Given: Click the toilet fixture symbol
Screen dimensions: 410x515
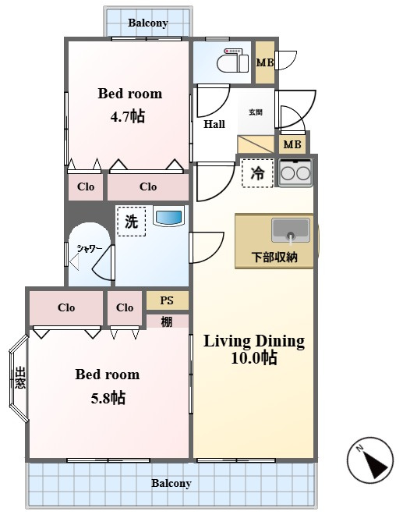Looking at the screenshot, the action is (x=232, y=60).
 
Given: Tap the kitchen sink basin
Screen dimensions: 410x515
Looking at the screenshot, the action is (x=291, y=230).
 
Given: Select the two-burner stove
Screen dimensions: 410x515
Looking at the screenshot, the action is (x=295, y=172).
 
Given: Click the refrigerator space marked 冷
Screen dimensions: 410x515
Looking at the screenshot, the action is (x=257, y=173).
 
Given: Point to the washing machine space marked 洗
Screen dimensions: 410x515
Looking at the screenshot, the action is (x=131, y=222).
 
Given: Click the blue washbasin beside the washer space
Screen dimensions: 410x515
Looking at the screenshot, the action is (x=168, y=216).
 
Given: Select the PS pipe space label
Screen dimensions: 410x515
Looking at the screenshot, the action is (x=167, y=300).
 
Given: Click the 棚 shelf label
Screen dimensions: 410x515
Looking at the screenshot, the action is (x=167, y=321).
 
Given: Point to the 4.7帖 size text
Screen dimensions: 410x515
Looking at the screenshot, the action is (x=128, y=116).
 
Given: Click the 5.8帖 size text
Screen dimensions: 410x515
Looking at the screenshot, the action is (x=108, y=398).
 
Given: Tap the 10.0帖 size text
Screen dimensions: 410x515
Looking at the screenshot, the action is (x=254, y=357).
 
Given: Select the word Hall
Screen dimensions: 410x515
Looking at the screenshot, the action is (x=214, y=124).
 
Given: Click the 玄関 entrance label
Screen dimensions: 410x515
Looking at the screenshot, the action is (x=256, y=112).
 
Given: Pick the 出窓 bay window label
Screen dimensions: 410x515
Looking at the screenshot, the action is (x=20, y=378).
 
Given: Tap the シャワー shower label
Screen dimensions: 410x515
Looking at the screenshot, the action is (x=89, y=249).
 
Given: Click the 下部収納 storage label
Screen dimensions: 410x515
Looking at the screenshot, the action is (x=274, y=257).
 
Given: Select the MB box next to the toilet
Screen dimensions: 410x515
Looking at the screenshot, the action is (x=265, y=62).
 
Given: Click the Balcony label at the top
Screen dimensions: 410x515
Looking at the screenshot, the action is (x=148, y=23).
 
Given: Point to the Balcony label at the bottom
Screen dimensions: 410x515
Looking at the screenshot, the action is (x=171, y=484).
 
